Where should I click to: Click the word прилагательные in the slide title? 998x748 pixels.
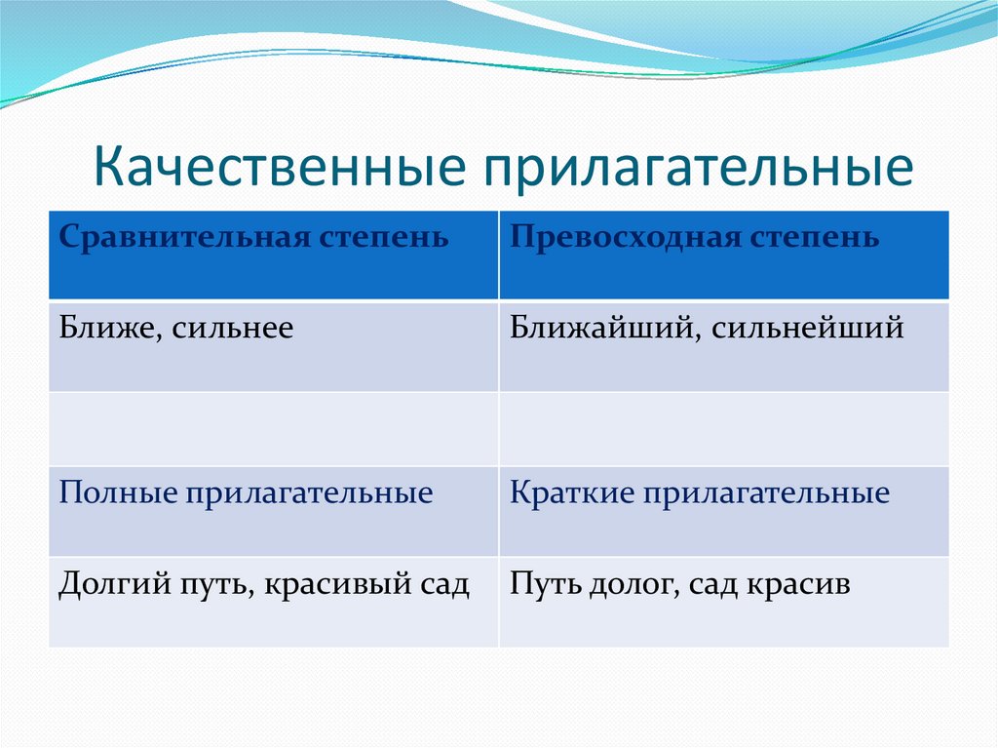698,170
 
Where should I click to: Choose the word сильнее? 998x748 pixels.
232,329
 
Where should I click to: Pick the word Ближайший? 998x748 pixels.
605,328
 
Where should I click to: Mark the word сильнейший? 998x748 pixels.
807,328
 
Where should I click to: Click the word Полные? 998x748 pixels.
118,493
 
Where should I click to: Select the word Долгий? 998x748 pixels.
115,584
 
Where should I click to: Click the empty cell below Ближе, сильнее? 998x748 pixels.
274,429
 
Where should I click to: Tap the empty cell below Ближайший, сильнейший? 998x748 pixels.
724,429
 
